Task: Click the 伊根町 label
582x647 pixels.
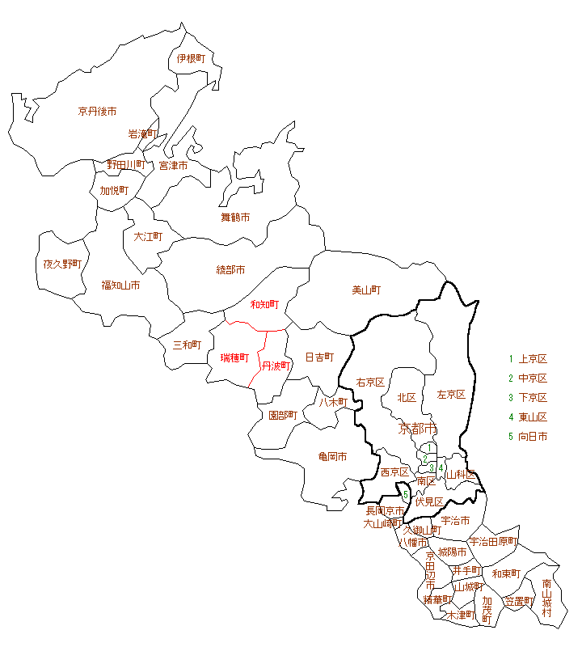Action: tap(192, 58)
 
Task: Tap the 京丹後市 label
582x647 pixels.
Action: tap(97, 111)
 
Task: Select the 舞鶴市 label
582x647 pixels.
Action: tap(235, 217)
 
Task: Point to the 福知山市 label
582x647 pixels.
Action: tap(120, 285)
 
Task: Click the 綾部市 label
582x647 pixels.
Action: tap(230, 269)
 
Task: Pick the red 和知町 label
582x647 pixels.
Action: tap(264, 305)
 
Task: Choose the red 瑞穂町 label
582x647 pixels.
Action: tap(234, 357)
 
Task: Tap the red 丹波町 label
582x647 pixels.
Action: tap(276, 366)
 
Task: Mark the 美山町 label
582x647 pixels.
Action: tap(366, 290)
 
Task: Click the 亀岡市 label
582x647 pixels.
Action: tap(332, 457)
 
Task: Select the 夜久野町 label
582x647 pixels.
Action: tap(62, 264)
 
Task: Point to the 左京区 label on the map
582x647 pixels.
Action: tap(451, 395)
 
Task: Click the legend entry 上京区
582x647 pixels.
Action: tap(533, 359)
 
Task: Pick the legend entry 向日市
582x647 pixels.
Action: tap(533, 437)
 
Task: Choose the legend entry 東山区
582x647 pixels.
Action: tap(533, 417)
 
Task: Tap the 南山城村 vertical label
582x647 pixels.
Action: tap(547, 598)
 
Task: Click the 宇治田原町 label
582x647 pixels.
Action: tap(492, 541)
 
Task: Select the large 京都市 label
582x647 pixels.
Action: tap(418, 428)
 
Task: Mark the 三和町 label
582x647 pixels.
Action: tap(187, 345)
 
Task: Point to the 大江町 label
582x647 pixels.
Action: tap(148, 237)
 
